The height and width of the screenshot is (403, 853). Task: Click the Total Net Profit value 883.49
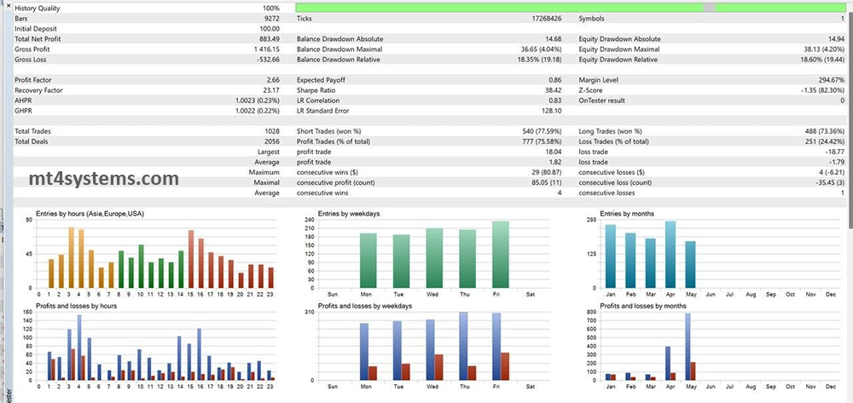[x=269, y=39]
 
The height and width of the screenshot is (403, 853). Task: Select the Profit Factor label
[x=35, y=80]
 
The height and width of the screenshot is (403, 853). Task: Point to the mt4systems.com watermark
[x=103, y=179]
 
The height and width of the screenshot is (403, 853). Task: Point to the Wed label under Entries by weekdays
[x=433, y=294]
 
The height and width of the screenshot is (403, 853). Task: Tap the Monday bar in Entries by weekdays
[x=368, y=260]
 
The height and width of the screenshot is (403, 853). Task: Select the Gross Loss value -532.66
[x=266, y=60]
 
